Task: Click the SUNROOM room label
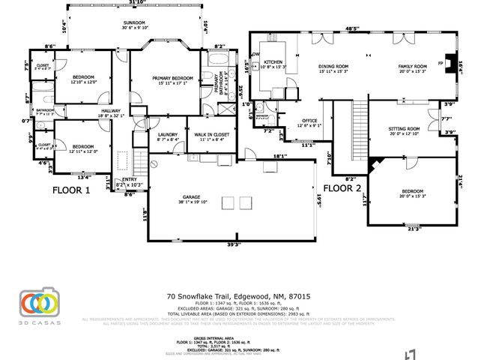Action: pos(136,23)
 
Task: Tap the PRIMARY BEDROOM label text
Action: pos(173,78)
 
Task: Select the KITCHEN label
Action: pos(272,61)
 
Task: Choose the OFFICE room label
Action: pos(309,121)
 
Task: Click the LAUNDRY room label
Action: pos(167,133)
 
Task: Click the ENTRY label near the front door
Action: pos(130,180)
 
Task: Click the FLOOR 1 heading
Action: pos(70,190)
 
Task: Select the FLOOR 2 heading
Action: pos(342,188)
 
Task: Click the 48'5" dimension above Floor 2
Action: pos(351,29)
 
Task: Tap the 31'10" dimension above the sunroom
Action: pos(136,3)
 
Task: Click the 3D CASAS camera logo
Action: pos(37,302)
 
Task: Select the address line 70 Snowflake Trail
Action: pos(237,297)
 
